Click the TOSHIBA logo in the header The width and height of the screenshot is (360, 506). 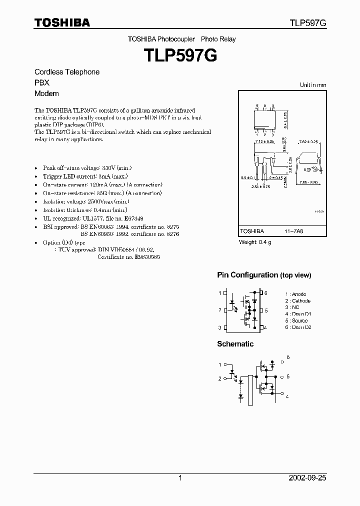[x=62, y=23]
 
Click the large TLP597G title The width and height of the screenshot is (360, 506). [x=180, y=55]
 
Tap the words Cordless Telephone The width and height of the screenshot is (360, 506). [x=67, y=72]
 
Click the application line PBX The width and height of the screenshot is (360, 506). [x=42, y=82]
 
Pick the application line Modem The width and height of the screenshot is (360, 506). [x=46, y=93]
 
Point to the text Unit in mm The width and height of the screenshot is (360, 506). [x=312, y=85]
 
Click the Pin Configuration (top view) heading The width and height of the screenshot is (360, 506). [x=264, y=275]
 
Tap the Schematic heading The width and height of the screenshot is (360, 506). [x=235, y=344]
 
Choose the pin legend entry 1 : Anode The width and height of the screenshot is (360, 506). [x=295, y=294]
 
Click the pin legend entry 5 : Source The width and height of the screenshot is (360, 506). [x=296, y=320]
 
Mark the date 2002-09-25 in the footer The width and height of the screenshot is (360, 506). [x=307, y=478]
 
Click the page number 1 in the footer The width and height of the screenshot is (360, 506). [x=180, y=478]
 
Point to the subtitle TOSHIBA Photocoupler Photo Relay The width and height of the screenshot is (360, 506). [x=181, y=39]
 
